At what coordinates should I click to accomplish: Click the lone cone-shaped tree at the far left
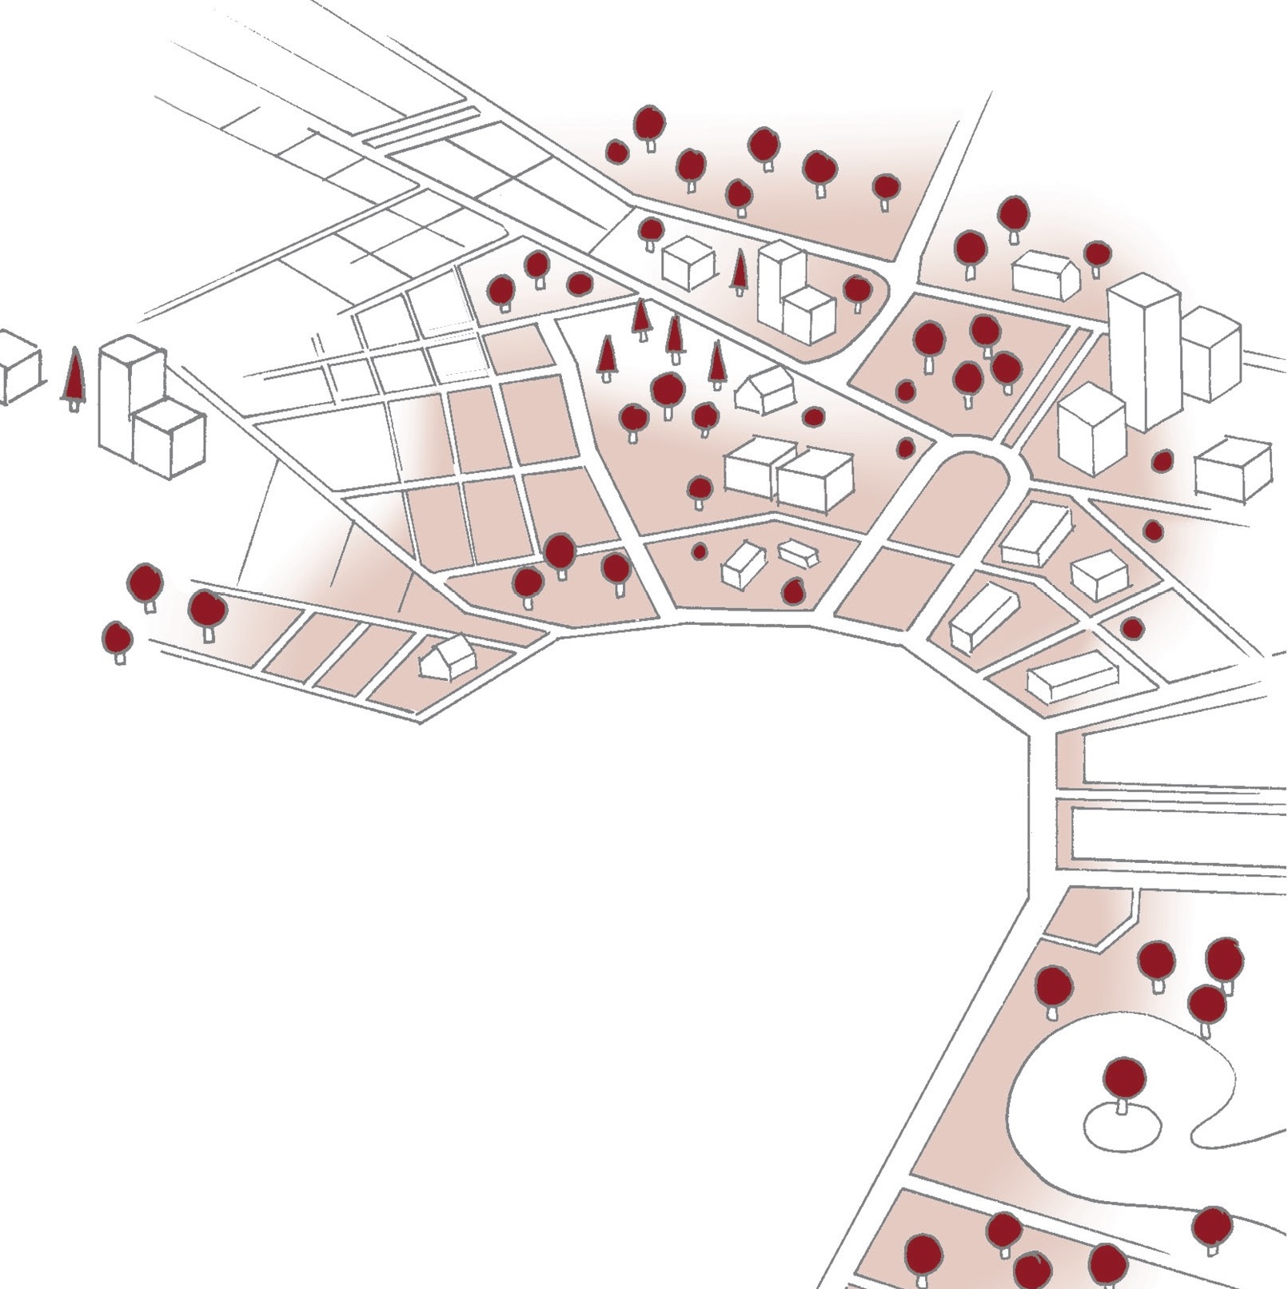point(74,377)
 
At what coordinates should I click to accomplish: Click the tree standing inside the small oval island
point(1123,1083)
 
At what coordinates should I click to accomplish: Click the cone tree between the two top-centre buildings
point(740,272)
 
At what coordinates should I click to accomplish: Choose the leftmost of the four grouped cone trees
point(608,356)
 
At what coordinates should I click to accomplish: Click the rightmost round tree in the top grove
point(886,189)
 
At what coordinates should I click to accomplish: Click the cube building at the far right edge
point(1233,469)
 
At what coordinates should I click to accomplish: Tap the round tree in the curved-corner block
point(856,290)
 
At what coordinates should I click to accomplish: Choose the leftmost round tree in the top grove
point(616,152)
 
